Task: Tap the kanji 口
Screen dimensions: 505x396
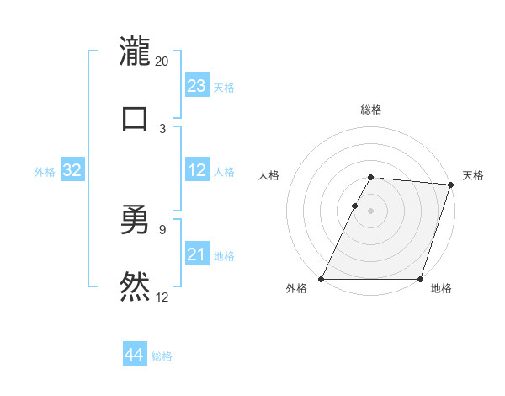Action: click(x=135, y=117)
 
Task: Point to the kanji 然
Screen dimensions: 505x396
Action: click(x=135, y=286)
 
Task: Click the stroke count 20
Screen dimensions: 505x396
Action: click(x=162, y=61)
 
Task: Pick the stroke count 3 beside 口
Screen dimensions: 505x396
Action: click(x=162, y=128)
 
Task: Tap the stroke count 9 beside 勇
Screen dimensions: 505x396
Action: click(x=162, y=228)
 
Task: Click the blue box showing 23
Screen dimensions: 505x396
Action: click(x=197, y=86)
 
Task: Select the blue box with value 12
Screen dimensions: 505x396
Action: click(x=197, y=170)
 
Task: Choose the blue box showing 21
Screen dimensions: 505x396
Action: click(x=197, y=254)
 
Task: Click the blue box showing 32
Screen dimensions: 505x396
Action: click(x=72, y=170)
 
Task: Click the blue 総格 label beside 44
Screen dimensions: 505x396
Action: click(x=162, y=356)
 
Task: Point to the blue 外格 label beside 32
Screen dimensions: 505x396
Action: click(x=45, y=172)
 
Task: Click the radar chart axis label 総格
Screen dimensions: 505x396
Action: click(x=371, y=110)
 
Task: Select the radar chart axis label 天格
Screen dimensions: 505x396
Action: click(x=473, y=175)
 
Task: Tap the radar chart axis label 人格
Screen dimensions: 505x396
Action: click(x=269, y=175)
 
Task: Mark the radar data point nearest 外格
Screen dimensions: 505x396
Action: click(x=322, y=279)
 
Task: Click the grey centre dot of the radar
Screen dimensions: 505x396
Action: click(x=371, y=211)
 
